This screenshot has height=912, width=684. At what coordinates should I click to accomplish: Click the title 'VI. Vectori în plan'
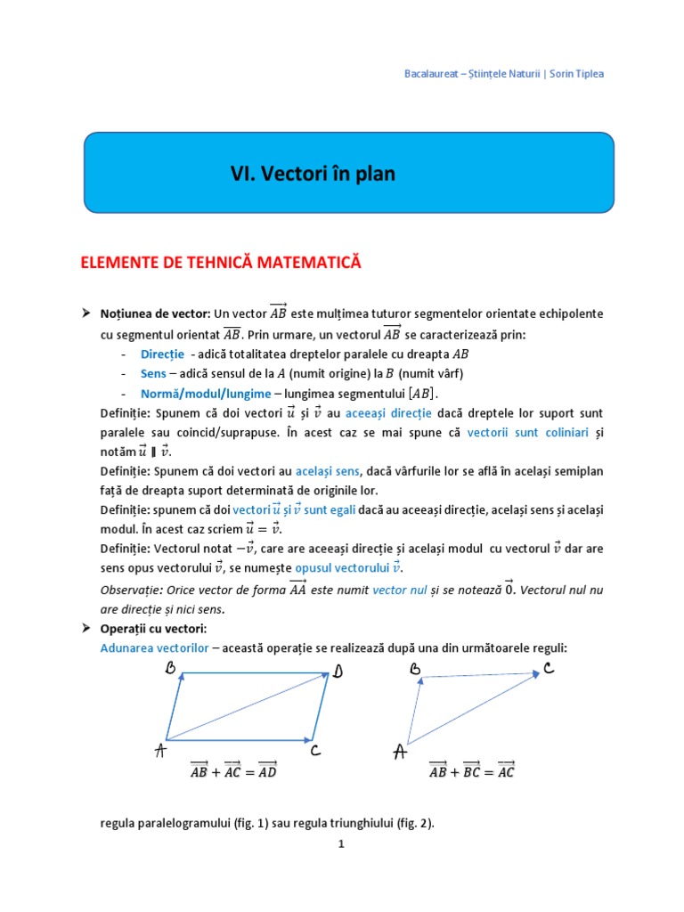coord(312,175)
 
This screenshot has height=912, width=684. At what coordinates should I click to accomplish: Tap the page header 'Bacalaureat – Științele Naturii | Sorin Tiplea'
coord(504,74)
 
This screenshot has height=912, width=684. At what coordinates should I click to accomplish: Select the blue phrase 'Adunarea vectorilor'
coord(155,647)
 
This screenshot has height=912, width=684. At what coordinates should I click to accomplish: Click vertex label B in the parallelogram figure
coord(169,670)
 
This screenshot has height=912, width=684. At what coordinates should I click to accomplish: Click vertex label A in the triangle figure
coord(400,753)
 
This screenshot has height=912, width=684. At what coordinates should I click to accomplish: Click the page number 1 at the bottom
coord(341,846)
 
